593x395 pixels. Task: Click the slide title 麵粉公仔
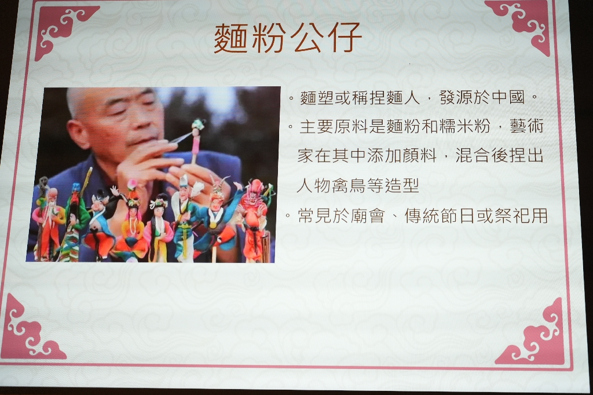(288, 38)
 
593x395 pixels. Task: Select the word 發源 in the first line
(456, 97)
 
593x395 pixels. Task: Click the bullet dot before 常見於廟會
(288, 216)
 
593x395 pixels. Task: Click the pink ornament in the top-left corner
(63, 30)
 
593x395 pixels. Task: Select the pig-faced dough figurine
(99, 223)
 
